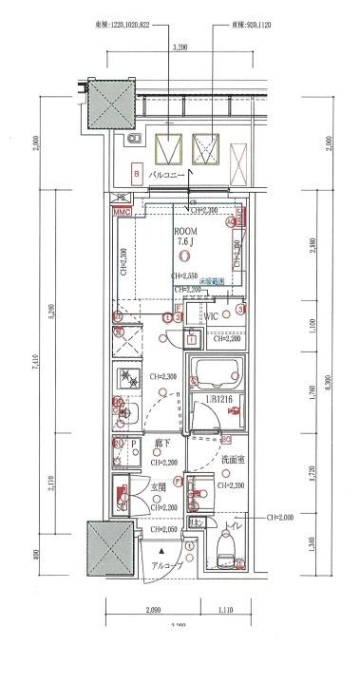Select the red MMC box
(121, 212)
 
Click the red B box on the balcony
(138, 174)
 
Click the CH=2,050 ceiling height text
(163, 529)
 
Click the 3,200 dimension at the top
(180, 46)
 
